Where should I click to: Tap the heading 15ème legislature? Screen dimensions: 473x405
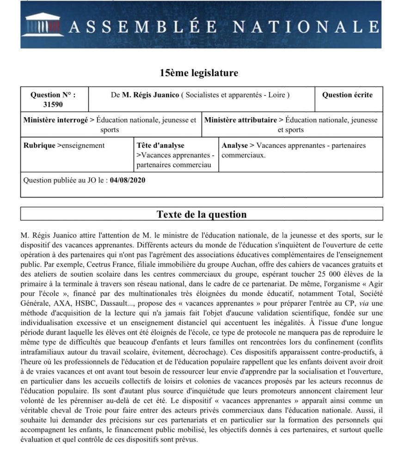199,73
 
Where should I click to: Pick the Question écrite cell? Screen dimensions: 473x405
347,95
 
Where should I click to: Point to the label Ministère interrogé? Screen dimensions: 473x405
55,120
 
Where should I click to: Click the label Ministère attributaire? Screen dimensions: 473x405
240,120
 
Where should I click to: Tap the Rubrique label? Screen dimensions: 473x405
40,146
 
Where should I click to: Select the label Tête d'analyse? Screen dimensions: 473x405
160,146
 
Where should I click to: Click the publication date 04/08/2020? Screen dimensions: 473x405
128,180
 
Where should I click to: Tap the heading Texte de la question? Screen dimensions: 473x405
202,214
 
